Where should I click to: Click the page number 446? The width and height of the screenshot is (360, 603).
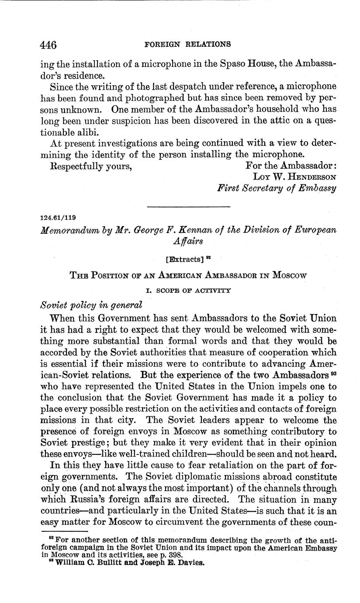click(48, 45)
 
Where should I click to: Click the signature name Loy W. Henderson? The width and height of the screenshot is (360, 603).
click(294, 177)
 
